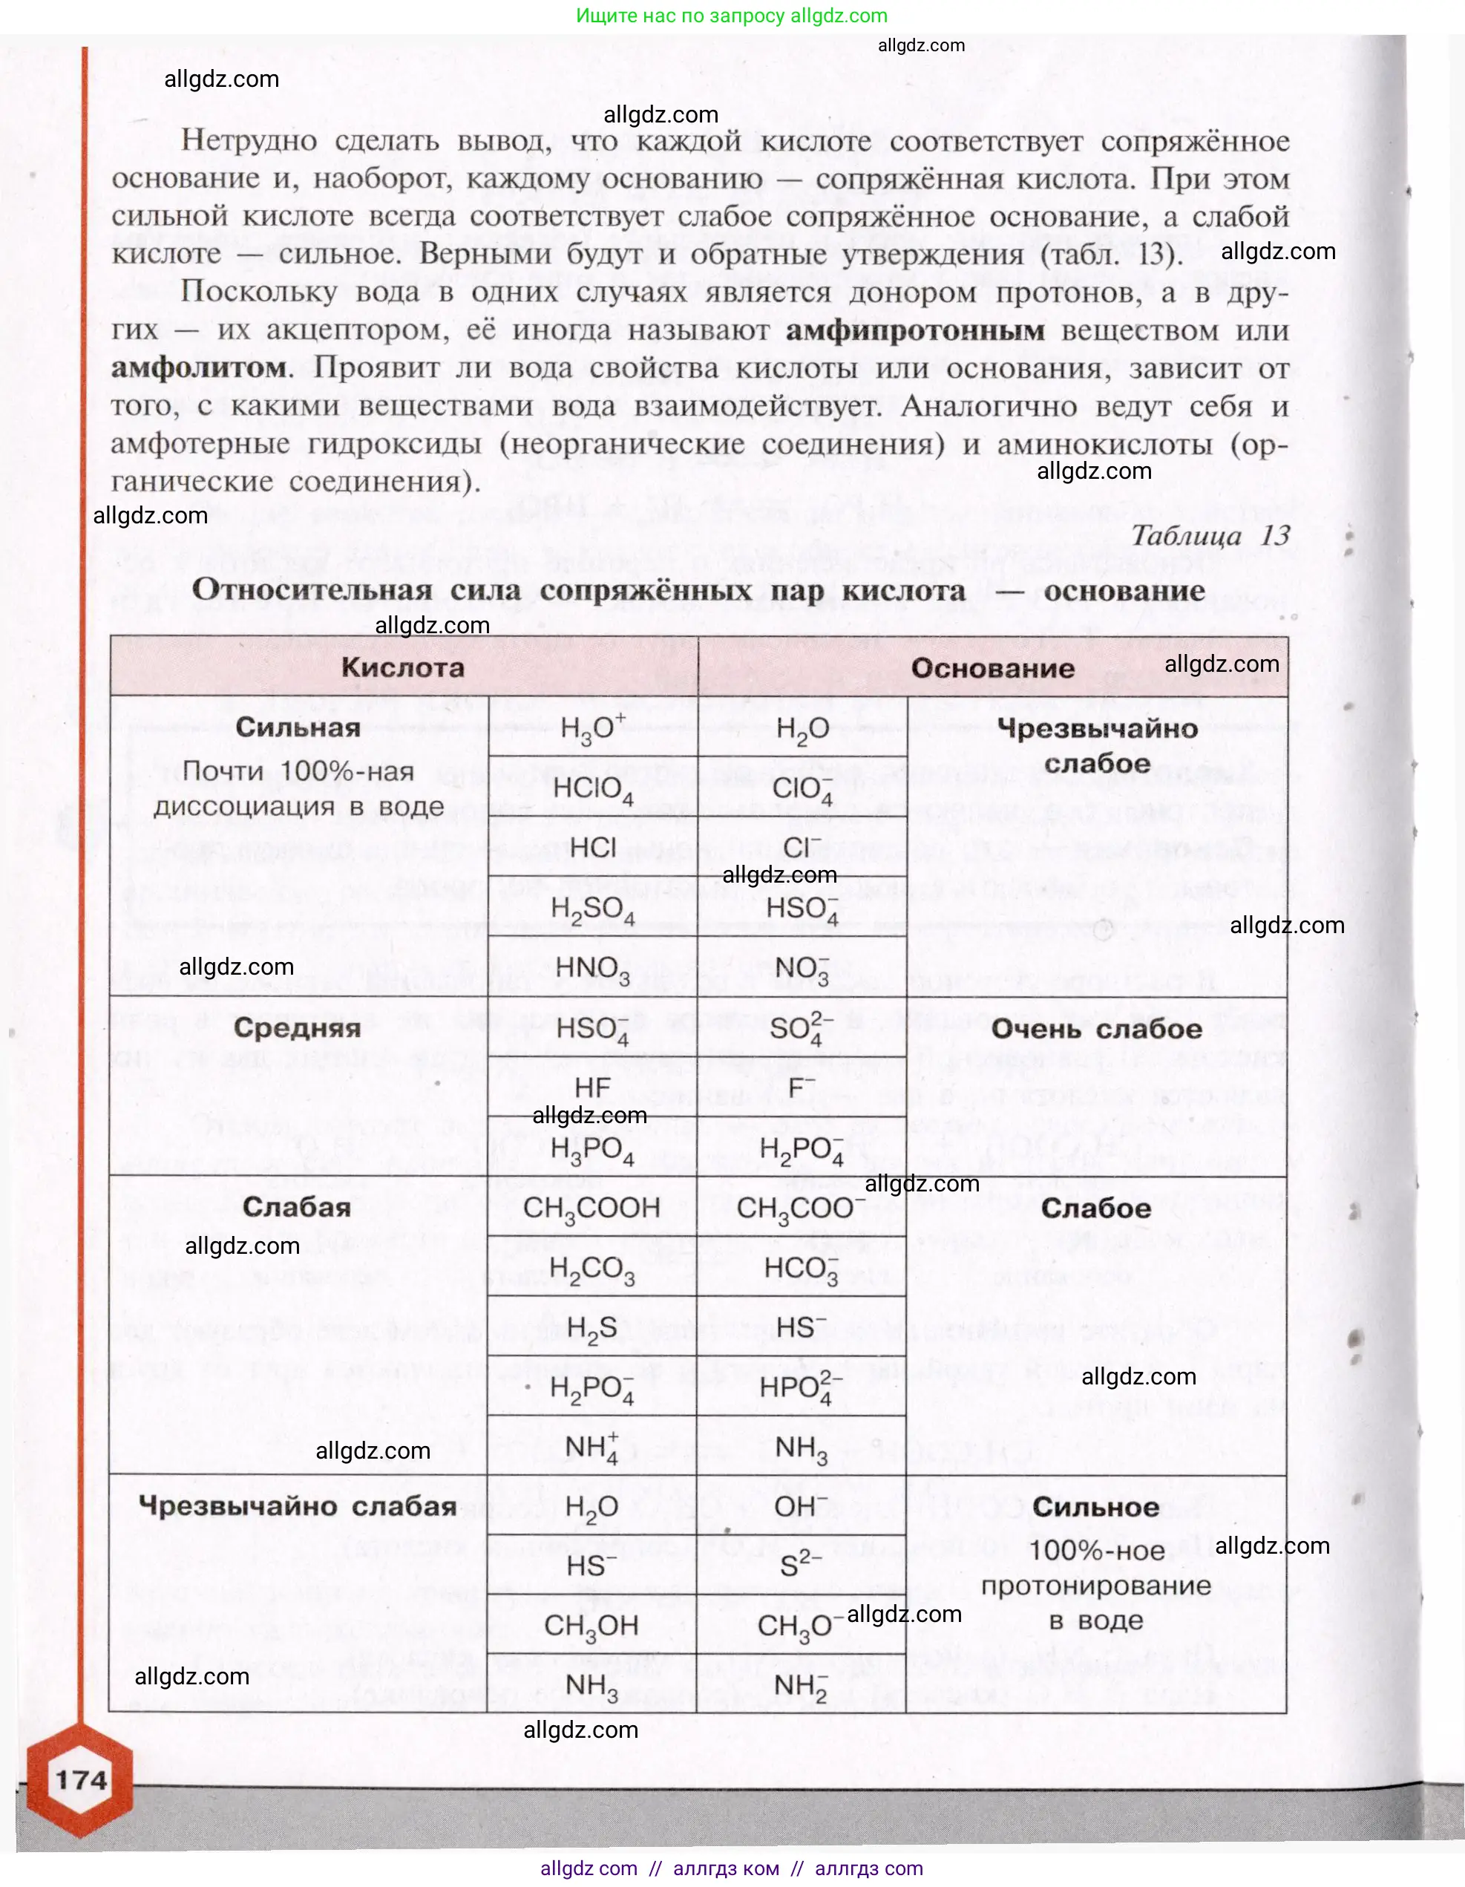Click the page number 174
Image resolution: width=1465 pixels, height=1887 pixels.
[81, 1780]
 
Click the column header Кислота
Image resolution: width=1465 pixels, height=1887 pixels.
[402, 667]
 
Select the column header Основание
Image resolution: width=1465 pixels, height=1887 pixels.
[992, 668]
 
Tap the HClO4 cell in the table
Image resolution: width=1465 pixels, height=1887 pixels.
[592, 789]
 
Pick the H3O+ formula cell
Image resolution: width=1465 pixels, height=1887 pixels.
[592, 728]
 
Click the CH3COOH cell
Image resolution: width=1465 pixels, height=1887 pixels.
[591, 1209]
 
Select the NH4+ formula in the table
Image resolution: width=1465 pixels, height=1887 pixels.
[591, 1448]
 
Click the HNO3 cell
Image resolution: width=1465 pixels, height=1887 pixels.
[592, 968]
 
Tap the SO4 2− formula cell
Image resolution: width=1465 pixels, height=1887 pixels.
[801, 1028]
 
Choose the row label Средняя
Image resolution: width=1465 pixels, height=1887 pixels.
[297, 1027]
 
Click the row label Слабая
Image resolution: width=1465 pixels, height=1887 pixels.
[297, 1207]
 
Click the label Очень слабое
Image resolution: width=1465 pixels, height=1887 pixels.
[1096, 1029]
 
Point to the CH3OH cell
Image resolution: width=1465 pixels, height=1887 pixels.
[591, 1625]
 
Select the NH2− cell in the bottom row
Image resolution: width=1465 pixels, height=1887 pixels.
[801, 1686]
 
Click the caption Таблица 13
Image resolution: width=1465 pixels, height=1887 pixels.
[1210, 536]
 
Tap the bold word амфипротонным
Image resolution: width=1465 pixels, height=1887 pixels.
[915, 330]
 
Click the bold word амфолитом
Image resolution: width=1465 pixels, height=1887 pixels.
[199, 368]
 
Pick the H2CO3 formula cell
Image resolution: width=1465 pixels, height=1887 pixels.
[591, 1269]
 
